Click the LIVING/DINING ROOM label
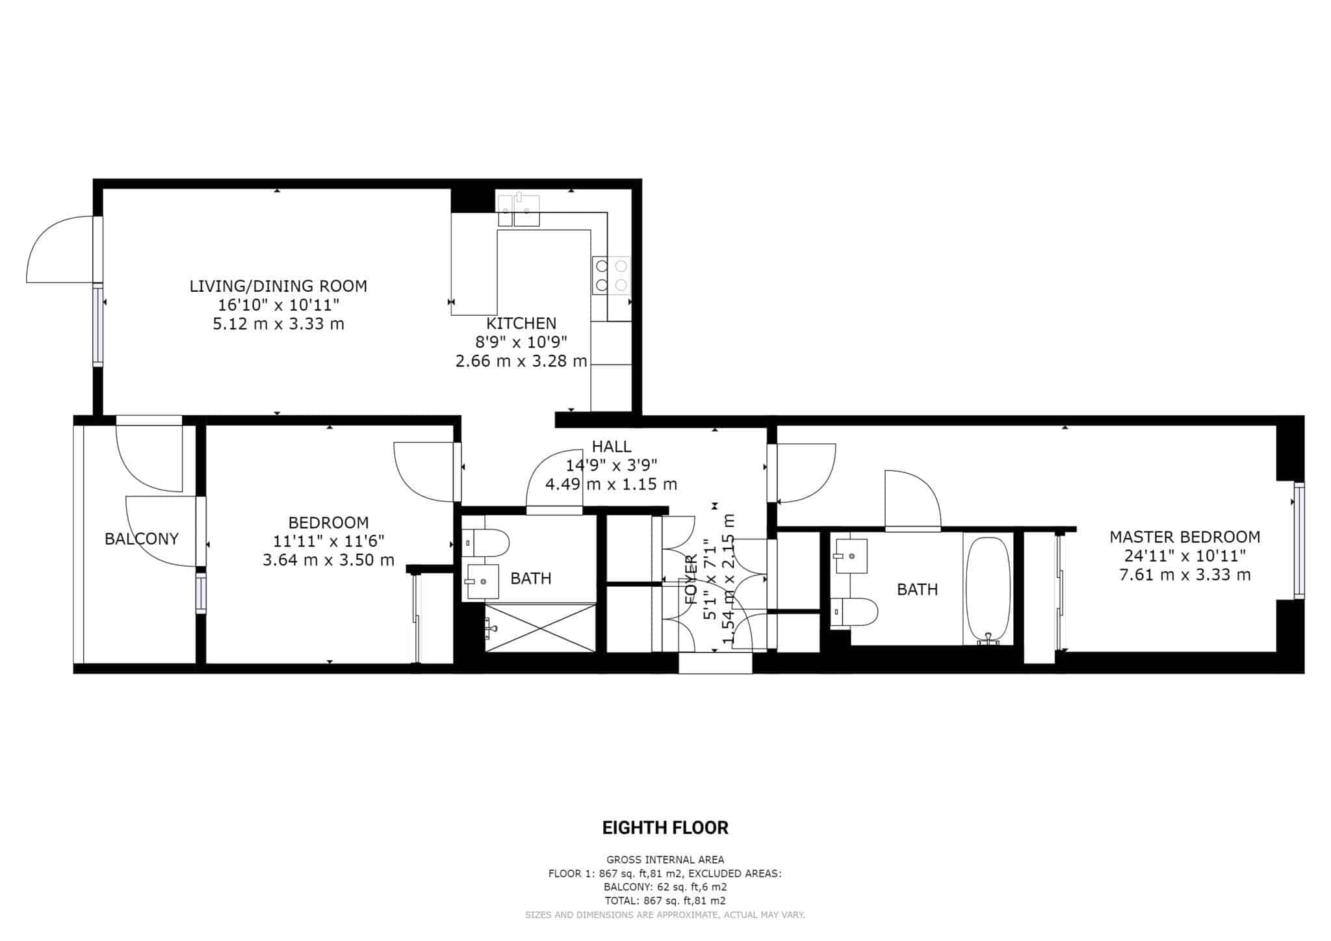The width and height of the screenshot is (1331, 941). tap(278, 286)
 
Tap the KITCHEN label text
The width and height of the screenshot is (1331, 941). tap(521, 323)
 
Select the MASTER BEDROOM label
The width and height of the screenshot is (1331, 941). tap(1184, 537)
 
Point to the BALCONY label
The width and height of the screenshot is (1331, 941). tap(142, 539)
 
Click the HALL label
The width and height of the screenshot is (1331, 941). tap(611, 446)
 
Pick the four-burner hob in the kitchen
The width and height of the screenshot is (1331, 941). tap(611, 276)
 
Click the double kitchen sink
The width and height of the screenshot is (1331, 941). tap(519, 209)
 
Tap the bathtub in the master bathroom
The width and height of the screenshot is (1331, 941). tap(988, 590)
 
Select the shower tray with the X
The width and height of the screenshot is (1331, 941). tap(540, 626)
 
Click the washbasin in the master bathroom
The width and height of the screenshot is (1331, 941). tap(851, 556)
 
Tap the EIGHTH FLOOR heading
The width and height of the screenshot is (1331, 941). tap(665, 828)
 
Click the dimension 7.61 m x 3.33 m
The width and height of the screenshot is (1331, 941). tap(1184, 574)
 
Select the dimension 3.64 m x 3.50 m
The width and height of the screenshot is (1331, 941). tap(328, 560)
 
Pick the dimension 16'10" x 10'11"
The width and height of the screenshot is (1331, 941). tap(278, 305)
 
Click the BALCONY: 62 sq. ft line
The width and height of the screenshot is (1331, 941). tap(665, 887)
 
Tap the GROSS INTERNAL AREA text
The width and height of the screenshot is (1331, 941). tap(665, 860)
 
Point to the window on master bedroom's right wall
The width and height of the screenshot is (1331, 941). tap(1299, 541)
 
